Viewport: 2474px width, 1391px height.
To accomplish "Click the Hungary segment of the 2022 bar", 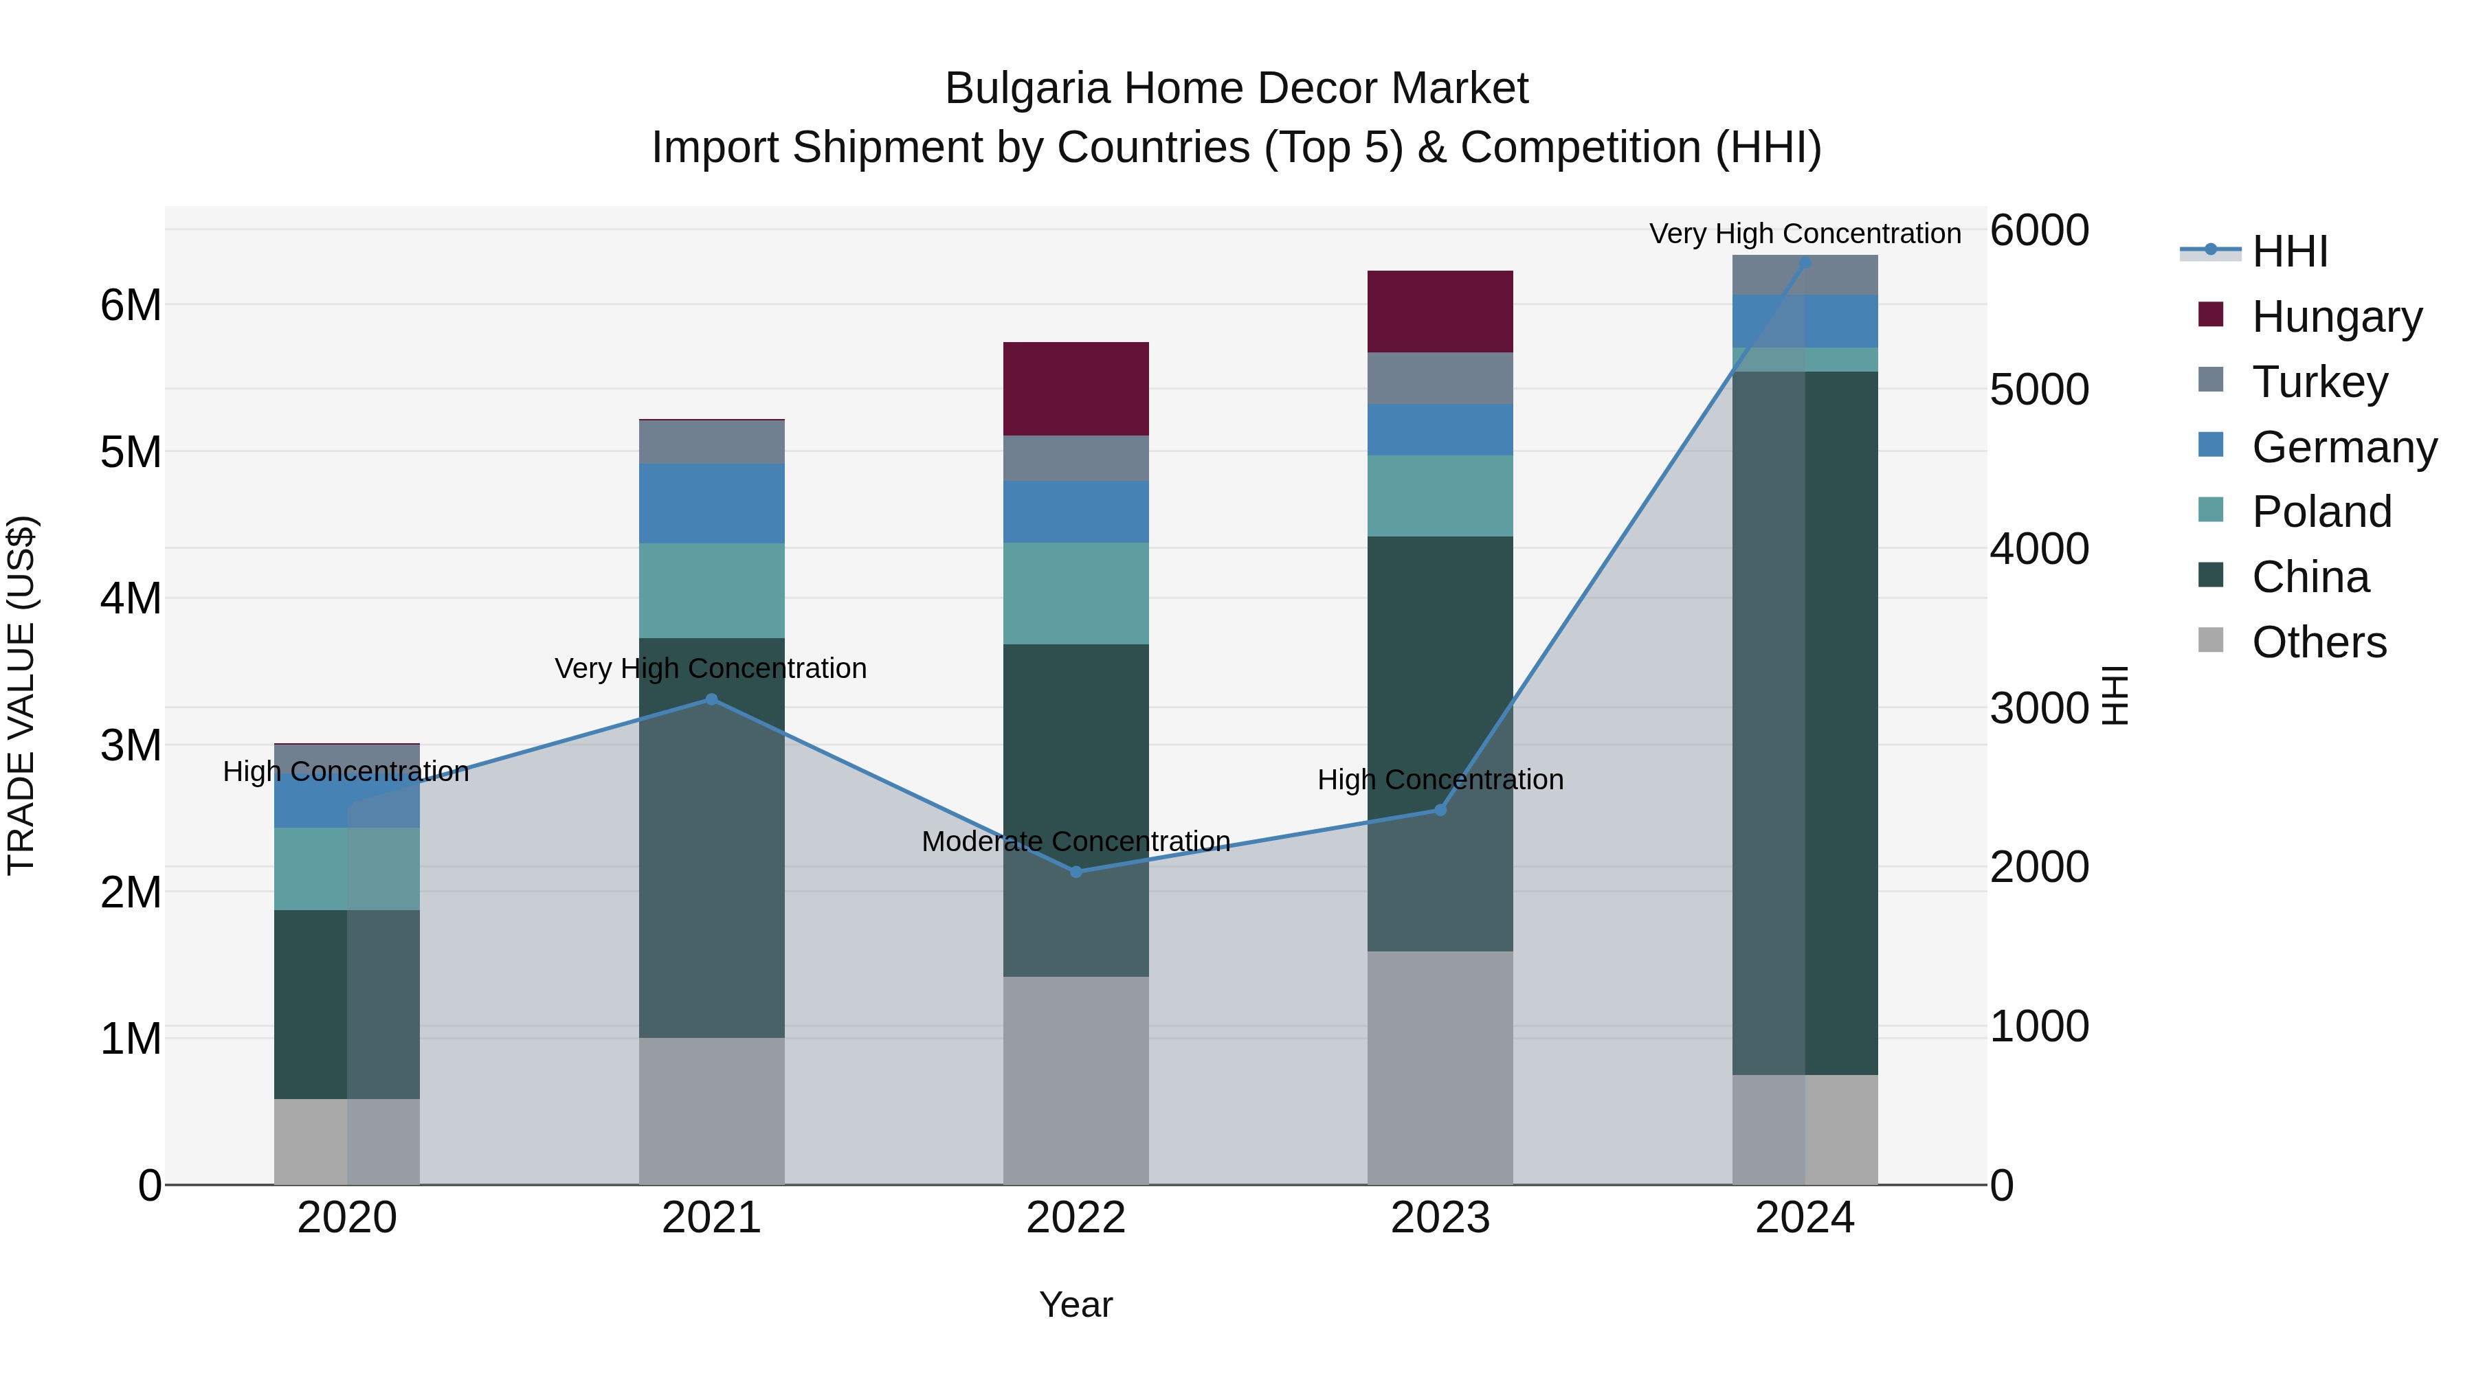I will click(x=1076, y=389).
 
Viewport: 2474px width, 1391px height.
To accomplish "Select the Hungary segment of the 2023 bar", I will click(x=1440, y=311).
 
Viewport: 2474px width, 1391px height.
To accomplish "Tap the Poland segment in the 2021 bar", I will click(x=712, y=590).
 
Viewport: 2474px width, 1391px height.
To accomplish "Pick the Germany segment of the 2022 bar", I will click(x=1076, y=512).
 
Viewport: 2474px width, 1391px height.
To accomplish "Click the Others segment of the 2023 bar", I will click(x=1440, y=1067).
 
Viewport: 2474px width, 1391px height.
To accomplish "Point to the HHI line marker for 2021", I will click(x=712, y=699).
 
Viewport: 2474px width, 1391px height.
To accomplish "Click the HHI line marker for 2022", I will click(x=1076, y=872).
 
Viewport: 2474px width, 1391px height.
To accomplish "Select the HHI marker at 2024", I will click(x=1805, y=262).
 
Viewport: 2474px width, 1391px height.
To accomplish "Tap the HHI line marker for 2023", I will click(x=1440, y=811).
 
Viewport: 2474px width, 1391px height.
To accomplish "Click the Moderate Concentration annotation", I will click(x=1076, y=841).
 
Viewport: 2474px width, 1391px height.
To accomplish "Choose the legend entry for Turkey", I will click(x=2319, y=382).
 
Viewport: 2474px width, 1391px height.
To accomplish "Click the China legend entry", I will click(x=2310, y=577).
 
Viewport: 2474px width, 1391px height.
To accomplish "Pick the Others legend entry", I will click(x=2319, y=642).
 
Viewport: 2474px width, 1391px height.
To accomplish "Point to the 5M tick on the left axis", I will click(x=131, y=452).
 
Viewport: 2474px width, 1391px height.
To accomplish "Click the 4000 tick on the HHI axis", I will click(x=2038, y=549).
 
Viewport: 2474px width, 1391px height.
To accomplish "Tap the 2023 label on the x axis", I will click(x=1440, y=1218).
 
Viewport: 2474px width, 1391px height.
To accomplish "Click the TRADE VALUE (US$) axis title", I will click(x=22, y=695).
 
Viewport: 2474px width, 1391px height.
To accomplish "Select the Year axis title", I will click(x=1076, y=1304).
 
